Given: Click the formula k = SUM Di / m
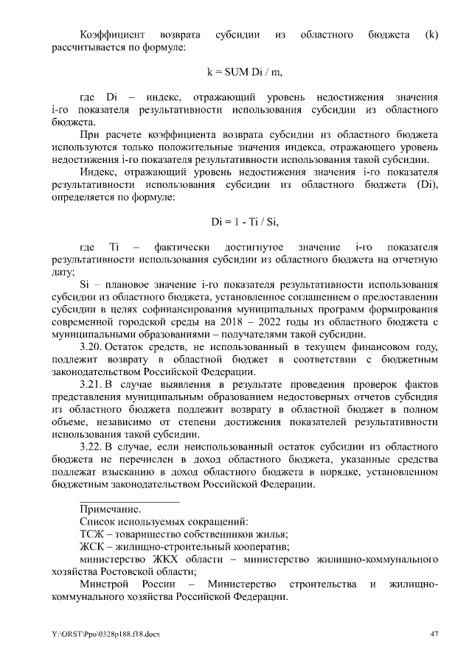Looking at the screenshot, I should coord(244,72).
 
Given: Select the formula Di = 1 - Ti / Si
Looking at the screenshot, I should coord(244,220).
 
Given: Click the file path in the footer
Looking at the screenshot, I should coord(109,634).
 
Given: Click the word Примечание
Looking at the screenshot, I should coord(111,509).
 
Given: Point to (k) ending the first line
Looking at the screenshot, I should coord(432,35).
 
